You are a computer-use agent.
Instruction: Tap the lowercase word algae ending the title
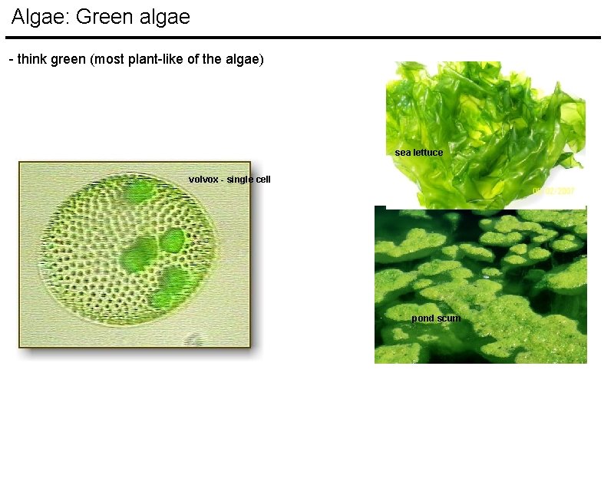point(163,17)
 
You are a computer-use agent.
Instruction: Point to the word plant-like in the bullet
point(154,59)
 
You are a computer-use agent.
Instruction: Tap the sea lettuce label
point(418,153)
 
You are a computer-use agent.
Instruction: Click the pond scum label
point(435,318)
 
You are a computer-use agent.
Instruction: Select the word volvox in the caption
point(203,180)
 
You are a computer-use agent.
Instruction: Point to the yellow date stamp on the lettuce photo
point(554,190)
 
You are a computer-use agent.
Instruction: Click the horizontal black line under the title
point(302,37)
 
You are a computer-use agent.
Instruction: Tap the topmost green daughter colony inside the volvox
point(138,191)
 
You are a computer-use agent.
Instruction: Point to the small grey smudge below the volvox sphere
point(196,338)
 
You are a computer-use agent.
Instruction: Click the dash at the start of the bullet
point(10,59)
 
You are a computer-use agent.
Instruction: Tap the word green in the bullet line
point(68,59)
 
